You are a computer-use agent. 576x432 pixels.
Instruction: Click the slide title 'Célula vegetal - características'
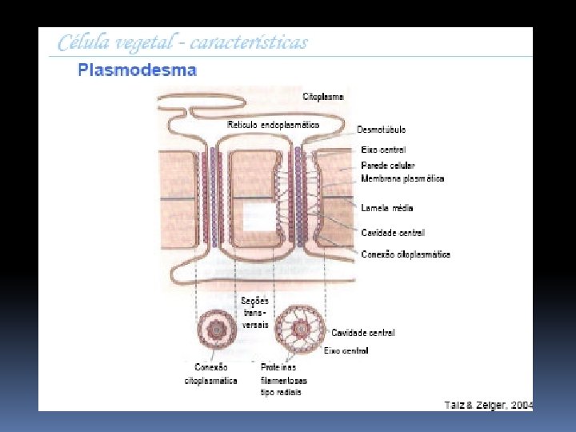coord(182,43)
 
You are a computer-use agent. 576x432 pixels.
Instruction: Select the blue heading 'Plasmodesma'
coord(137,70)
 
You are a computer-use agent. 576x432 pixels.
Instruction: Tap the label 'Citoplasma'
coord(323,97)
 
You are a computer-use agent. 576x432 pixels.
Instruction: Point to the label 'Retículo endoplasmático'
coord(274,125)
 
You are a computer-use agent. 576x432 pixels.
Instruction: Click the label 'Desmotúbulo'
coord(381,129)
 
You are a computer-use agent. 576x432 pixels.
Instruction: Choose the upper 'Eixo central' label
coord(383,150)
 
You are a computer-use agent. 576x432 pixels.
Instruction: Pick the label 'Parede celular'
coord(388,165)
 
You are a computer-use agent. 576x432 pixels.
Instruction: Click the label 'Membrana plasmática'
coord(402,178)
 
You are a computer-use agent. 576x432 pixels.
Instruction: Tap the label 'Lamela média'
coord(387,208)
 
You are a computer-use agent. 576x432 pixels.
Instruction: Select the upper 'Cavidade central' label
coord(393,233)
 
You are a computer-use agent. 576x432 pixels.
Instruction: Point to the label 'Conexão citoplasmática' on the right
coord(406,254)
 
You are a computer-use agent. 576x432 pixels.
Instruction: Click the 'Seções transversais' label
coord(255,312)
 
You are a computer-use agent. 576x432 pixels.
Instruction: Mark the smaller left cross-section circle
coord(215,329)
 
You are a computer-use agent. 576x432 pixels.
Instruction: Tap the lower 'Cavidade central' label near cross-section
coord(362,332)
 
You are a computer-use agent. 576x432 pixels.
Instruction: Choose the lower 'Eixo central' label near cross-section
coord(346,350)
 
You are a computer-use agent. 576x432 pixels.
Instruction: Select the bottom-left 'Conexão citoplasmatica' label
coord(211,374)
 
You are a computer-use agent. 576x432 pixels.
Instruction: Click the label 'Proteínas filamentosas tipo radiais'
coord(283,380)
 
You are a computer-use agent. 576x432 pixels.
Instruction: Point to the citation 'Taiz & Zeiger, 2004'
coord(488,405)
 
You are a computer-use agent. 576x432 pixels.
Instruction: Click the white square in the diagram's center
coord(258,217)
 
